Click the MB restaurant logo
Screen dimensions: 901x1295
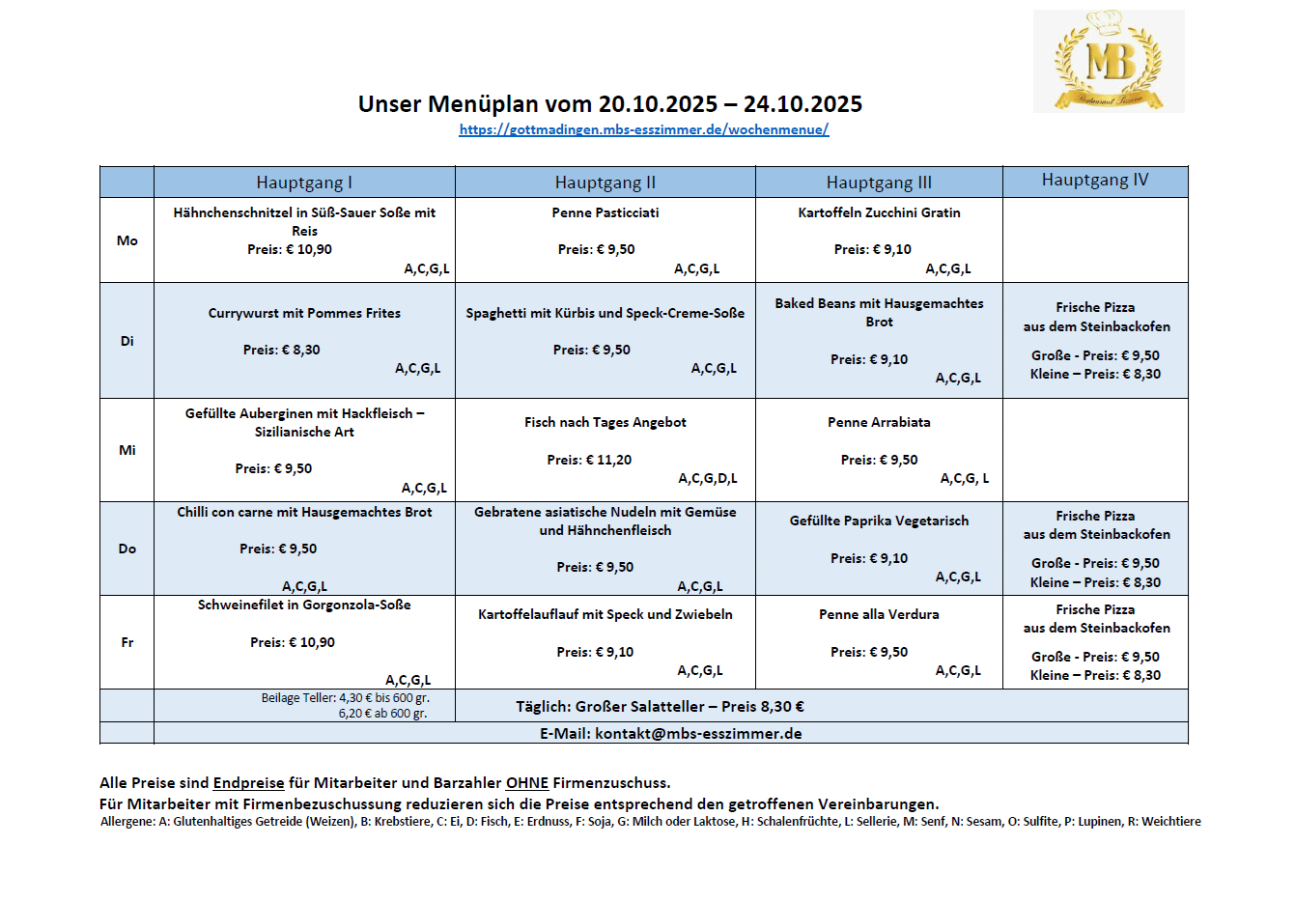pyautogui.click(x=1109, y=61)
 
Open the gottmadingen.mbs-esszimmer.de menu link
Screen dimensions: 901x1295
pyautogui.click(x=644, y=129)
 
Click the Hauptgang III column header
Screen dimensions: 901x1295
pyautogui.click(x=879, y=183)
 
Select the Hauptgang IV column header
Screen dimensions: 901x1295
pyautogui.click(x=1095, y=181)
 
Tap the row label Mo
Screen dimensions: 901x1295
pyautogui.click(x=127, y=240)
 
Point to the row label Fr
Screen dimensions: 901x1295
pyautogui.click(x=127, y=642)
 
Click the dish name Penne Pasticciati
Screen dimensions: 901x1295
pyautogui.click(x=605, y=212)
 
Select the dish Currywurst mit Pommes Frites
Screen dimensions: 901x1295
pyautogui.click(x=304, y=313)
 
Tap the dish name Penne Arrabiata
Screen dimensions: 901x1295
pyautogui.click(x=879, y=422)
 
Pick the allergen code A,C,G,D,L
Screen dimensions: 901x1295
pyautogui.click(x=708, y=478)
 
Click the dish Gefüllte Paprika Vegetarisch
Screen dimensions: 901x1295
pyautogui.click(x=879, y=521)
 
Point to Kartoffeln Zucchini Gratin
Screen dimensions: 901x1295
pyautogui.click(x=879, y=212)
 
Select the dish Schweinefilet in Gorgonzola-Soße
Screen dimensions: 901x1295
pyautogui.click(x=304, y=605)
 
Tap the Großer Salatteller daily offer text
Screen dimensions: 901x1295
pyautogui.click(x=660, y=706)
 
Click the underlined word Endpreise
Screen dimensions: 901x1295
pyautogui.click(x=249, y=783)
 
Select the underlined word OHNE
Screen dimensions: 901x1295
pyautogui.click(x=527, y=783)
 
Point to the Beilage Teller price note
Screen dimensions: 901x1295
pyautogui.click(x=345, y=705)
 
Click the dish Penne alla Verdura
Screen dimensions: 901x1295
pyautogui.click(x=879, y=614)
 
